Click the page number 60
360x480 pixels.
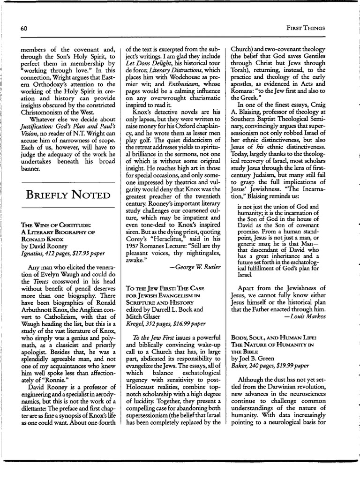(x=24, y=28)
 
